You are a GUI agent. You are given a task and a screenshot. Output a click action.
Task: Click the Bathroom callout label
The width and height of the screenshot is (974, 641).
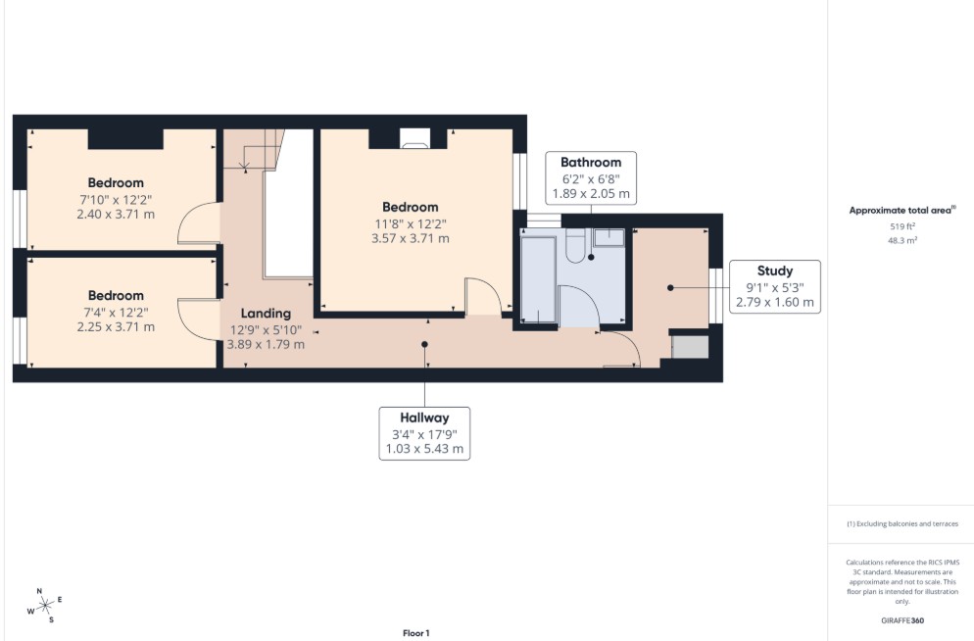pos(591,177)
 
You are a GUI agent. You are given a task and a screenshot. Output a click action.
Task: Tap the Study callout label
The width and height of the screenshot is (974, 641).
pos(775,286)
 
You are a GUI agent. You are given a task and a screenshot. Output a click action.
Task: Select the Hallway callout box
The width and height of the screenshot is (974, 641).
pos(424,433)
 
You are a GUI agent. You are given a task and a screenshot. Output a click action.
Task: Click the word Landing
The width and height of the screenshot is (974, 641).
pos(266,314)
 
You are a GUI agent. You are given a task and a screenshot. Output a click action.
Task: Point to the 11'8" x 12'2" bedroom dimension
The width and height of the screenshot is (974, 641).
pos(410,223)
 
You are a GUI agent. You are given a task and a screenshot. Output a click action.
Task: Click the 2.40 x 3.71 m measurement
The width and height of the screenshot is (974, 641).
pos(116,215)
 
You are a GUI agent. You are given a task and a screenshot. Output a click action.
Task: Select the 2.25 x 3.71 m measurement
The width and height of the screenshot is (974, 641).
pos(116,326)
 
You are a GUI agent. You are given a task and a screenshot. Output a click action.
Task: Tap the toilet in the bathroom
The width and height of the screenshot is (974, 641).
pos(576,245)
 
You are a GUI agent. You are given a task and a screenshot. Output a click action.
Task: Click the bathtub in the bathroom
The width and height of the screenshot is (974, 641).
pos(538,277)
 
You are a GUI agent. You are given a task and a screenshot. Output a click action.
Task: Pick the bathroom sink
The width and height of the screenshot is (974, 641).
pos(609,237)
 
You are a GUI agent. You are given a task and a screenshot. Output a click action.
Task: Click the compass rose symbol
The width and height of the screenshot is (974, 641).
pos(45,605)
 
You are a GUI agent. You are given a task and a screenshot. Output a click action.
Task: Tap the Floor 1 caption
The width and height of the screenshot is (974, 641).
pos(416,633)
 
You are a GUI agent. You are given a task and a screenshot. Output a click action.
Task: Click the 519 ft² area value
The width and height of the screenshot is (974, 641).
pos(901,226)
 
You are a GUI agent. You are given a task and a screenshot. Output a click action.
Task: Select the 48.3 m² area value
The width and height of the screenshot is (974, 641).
pos(902,240)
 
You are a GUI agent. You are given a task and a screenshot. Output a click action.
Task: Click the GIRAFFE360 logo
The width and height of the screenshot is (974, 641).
pos(901,620)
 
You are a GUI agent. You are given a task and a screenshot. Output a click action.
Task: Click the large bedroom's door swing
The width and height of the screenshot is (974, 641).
pos(483,296)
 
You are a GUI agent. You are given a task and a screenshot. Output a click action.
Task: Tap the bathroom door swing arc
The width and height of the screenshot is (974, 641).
pos(579,306)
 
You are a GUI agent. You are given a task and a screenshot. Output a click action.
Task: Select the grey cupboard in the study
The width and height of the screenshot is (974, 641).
pos(690,347)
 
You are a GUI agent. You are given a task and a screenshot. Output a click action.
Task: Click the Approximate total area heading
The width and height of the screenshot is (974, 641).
pos(902,210)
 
